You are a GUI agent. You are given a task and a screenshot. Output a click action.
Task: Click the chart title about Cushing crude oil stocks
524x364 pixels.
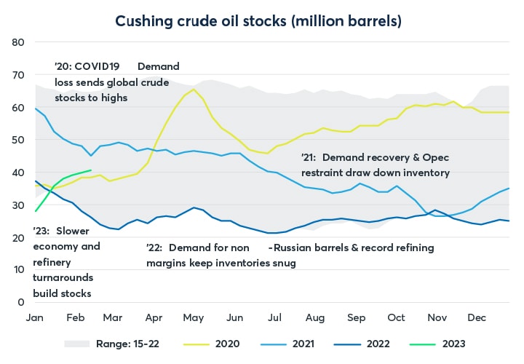(x=261, y=20)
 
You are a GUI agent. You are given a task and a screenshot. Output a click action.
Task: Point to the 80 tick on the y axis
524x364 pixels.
(x=20, y=42)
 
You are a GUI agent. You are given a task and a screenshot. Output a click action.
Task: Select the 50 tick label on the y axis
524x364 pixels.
(x=20, y=140)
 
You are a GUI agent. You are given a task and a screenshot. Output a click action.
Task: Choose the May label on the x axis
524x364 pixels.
(x=192, y=317)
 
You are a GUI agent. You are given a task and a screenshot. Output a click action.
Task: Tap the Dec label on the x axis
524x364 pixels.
(x=477, y=317)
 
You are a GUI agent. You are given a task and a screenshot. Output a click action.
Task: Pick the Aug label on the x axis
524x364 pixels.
(x=314, y=317)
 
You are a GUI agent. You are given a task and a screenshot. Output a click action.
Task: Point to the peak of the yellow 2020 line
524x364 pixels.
(x=194, y=90)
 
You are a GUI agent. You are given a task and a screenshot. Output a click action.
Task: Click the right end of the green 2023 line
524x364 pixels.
(x=90, y=170)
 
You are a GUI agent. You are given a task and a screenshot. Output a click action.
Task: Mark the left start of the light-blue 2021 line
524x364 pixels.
(x=35, y=108)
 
